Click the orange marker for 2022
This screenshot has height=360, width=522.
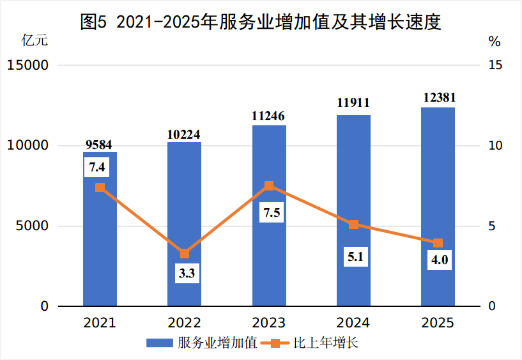point(185,253)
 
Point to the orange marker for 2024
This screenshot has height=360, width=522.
point(353,224)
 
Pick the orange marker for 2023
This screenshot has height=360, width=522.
point(269,186)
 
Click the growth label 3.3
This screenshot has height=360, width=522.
point(187,274)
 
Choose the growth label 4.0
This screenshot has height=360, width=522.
point(440,261)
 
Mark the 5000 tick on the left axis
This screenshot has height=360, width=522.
point(31,226)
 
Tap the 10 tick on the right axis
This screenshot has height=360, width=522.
point(495,146)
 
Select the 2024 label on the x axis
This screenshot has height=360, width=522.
point(353,322)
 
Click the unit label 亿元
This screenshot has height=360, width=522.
point(35,42)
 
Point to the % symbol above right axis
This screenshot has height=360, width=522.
point(495,42)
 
